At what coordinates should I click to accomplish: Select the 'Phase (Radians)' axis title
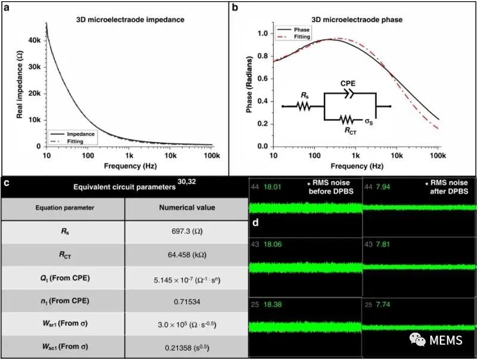pos(251,86)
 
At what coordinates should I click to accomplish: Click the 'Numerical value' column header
pos(186,208)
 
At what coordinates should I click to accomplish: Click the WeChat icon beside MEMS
pos(420,340)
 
